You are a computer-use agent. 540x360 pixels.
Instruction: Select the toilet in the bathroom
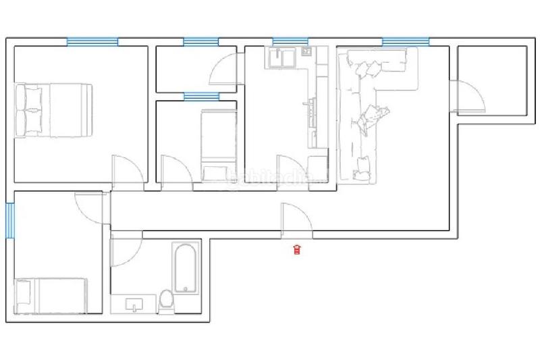[x=166, y=301]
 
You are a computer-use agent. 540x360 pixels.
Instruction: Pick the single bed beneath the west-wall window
[x=51, y=294]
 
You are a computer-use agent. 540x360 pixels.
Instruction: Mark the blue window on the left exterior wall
[x=10, y=220]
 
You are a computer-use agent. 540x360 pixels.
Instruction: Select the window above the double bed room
[x=92, y=42]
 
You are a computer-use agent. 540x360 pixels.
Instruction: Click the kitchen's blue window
[x=290, y=42]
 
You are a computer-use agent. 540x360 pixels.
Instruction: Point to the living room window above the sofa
[x=406, y=42]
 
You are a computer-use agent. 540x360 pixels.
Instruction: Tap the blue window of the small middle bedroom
[x=202, y=96]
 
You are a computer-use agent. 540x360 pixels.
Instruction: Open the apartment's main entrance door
[x=296, y=220]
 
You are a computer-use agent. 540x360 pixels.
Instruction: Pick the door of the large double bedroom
[x=126, y=170]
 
